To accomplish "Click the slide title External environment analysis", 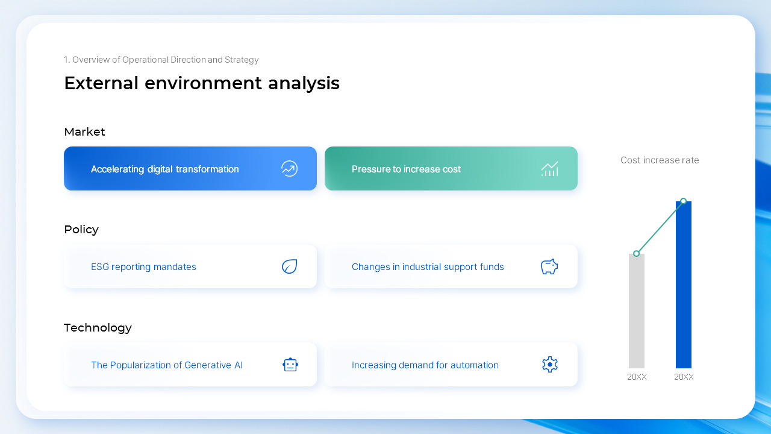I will [x=201, y=83].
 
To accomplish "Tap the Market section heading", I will [x=84, y=132].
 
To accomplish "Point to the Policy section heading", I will [x=81, y=230].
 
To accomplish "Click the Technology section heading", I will [x=98, y=328].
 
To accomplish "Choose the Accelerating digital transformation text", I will [x=164, y=169].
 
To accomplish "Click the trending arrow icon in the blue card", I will [x=289, y=169].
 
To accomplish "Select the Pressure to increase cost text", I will [x=406, y=169].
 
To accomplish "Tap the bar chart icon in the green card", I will [x=549, y=169].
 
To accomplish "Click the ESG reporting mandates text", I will [x=143, y=267].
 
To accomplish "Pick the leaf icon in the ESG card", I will [x=289, y=266].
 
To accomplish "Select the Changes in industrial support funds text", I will [x=428, y=267].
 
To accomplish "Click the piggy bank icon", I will [x=549, y=266].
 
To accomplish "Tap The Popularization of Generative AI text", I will [x=166, y=365].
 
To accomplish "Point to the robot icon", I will [x=290, y=365].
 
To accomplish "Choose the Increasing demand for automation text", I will [x=425, y=365].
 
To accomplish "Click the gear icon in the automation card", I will [x=549, y=365].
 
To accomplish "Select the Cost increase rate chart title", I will [x=660, y=160].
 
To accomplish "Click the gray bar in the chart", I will [x=636, y=311].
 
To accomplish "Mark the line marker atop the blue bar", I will [x=683, y=201].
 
